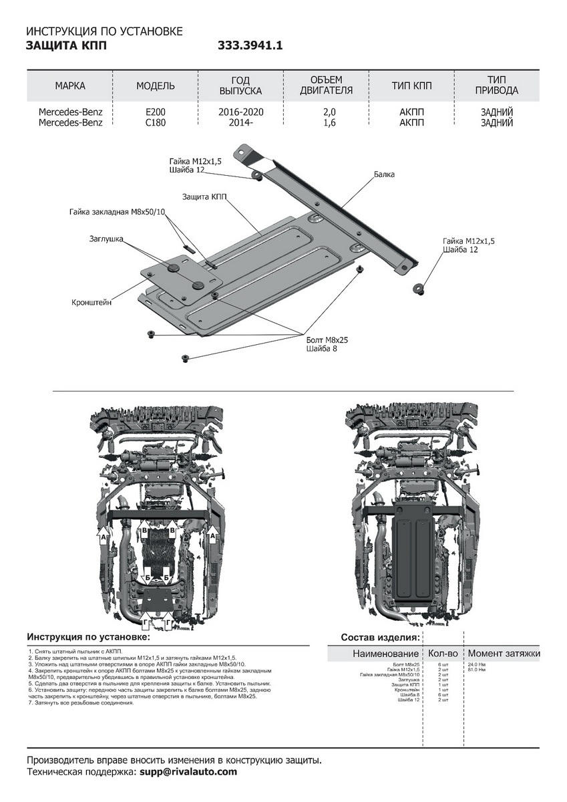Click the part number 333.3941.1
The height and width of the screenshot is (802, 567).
(250, 45)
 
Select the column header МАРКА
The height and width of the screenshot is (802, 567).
(70, 86)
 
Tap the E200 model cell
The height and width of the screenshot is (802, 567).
(156, 112)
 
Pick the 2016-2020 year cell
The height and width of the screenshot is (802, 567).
(241, 112)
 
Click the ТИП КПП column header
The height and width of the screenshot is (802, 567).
(411, 86)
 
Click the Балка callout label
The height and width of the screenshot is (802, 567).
(384, 174)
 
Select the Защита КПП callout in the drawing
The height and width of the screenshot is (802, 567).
(204, 197)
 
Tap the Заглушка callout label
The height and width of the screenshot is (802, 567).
(106, 238)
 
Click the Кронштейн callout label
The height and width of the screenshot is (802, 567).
(91, 302)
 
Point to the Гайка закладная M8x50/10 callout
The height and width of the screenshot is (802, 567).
(117, 212)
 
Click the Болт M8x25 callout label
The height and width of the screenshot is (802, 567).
(327, 340)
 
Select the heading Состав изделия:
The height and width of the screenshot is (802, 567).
(380, 638)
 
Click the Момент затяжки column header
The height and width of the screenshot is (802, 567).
(504, 653)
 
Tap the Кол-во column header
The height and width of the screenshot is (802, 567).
(443, 653)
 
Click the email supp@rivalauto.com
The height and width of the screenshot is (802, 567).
(188, 772)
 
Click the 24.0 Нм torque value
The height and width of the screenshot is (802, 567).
(477, 664)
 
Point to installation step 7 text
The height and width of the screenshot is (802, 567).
(81, 703)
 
